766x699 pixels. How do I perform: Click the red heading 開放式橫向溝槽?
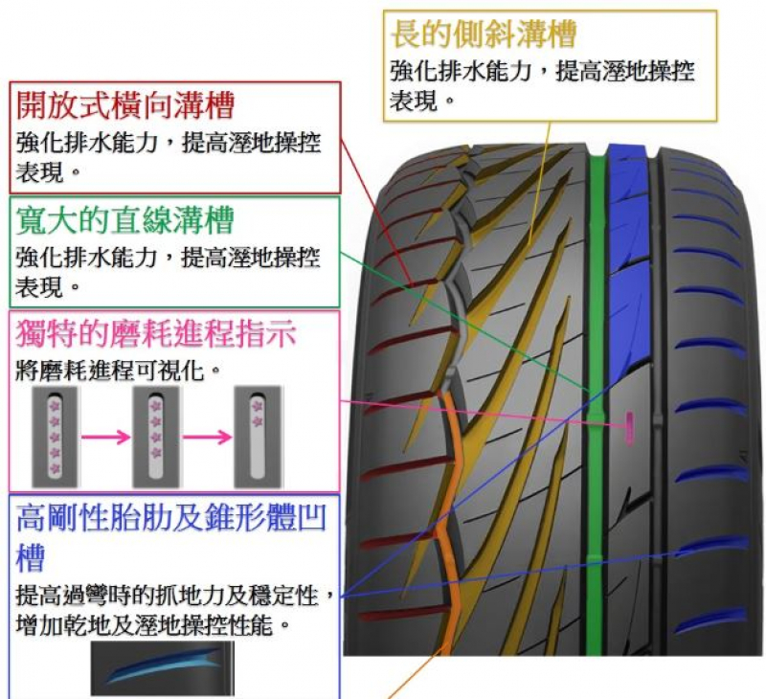pos(125,105)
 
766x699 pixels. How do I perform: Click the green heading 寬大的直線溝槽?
pos(125,221)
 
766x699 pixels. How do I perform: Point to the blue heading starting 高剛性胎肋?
pos(172,518)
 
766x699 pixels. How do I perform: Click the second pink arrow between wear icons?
pos(206,437)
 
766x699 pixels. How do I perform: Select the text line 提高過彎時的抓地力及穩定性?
pos(172,597)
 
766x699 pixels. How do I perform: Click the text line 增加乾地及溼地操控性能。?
pos(153,625)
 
